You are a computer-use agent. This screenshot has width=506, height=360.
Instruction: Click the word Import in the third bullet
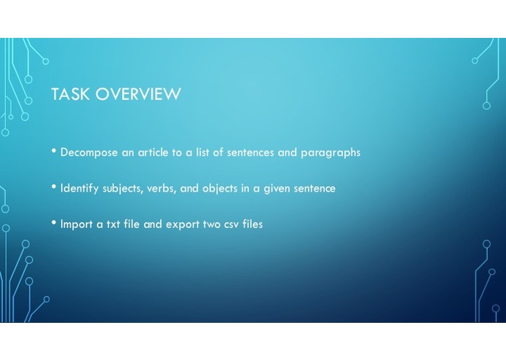pyautogui.click(x=77, y=224)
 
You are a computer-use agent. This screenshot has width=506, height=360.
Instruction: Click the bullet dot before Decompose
pyautogui.click(x=54, y=152)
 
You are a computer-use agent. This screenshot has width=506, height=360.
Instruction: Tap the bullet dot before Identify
pyautogui.click(x=54, y=187)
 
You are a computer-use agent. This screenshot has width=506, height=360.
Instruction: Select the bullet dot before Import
pyautogui.click(x=54, y=223)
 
